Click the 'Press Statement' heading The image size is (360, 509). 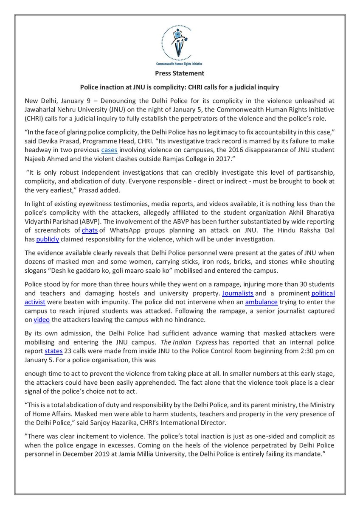(x=180, y=73)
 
